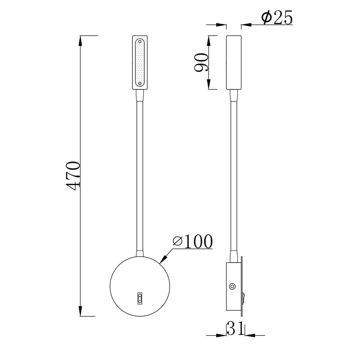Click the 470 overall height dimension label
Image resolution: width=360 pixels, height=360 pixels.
pos(73,176)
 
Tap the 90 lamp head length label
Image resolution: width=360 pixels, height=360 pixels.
pos(201,62)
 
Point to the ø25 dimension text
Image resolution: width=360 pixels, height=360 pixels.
pos(277,17)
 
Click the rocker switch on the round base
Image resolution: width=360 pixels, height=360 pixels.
pos(140,298)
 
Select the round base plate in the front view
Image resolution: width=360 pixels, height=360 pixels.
pos(140,286)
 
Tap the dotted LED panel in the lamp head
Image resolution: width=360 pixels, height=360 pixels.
pos(140,62)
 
